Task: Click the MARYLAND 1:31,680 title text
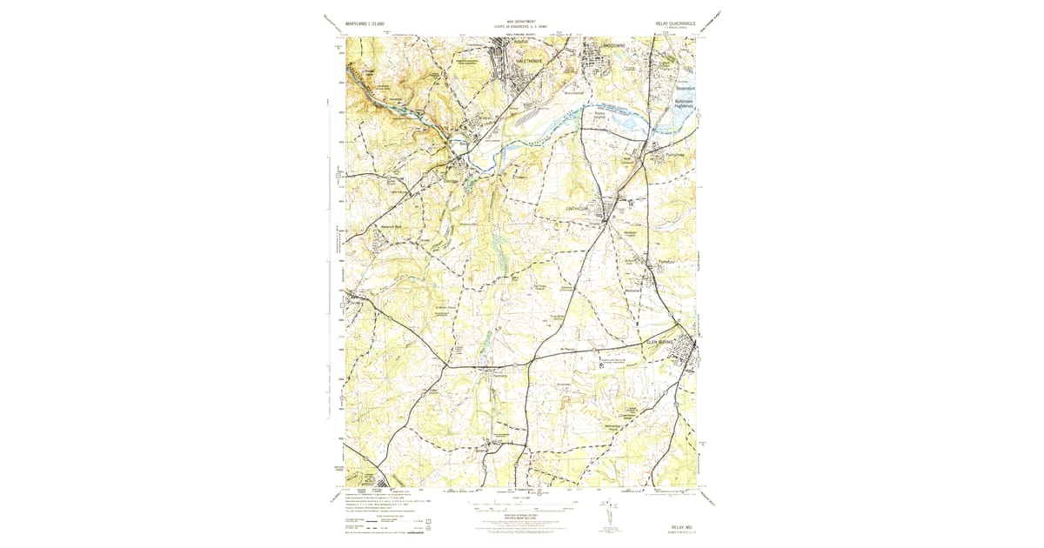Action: point(365,23)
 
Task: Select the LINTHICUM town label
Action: point(579,209)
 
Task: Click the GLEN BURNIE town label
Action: point(663,343)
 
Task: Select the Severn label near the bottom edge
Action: point(484,451)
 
